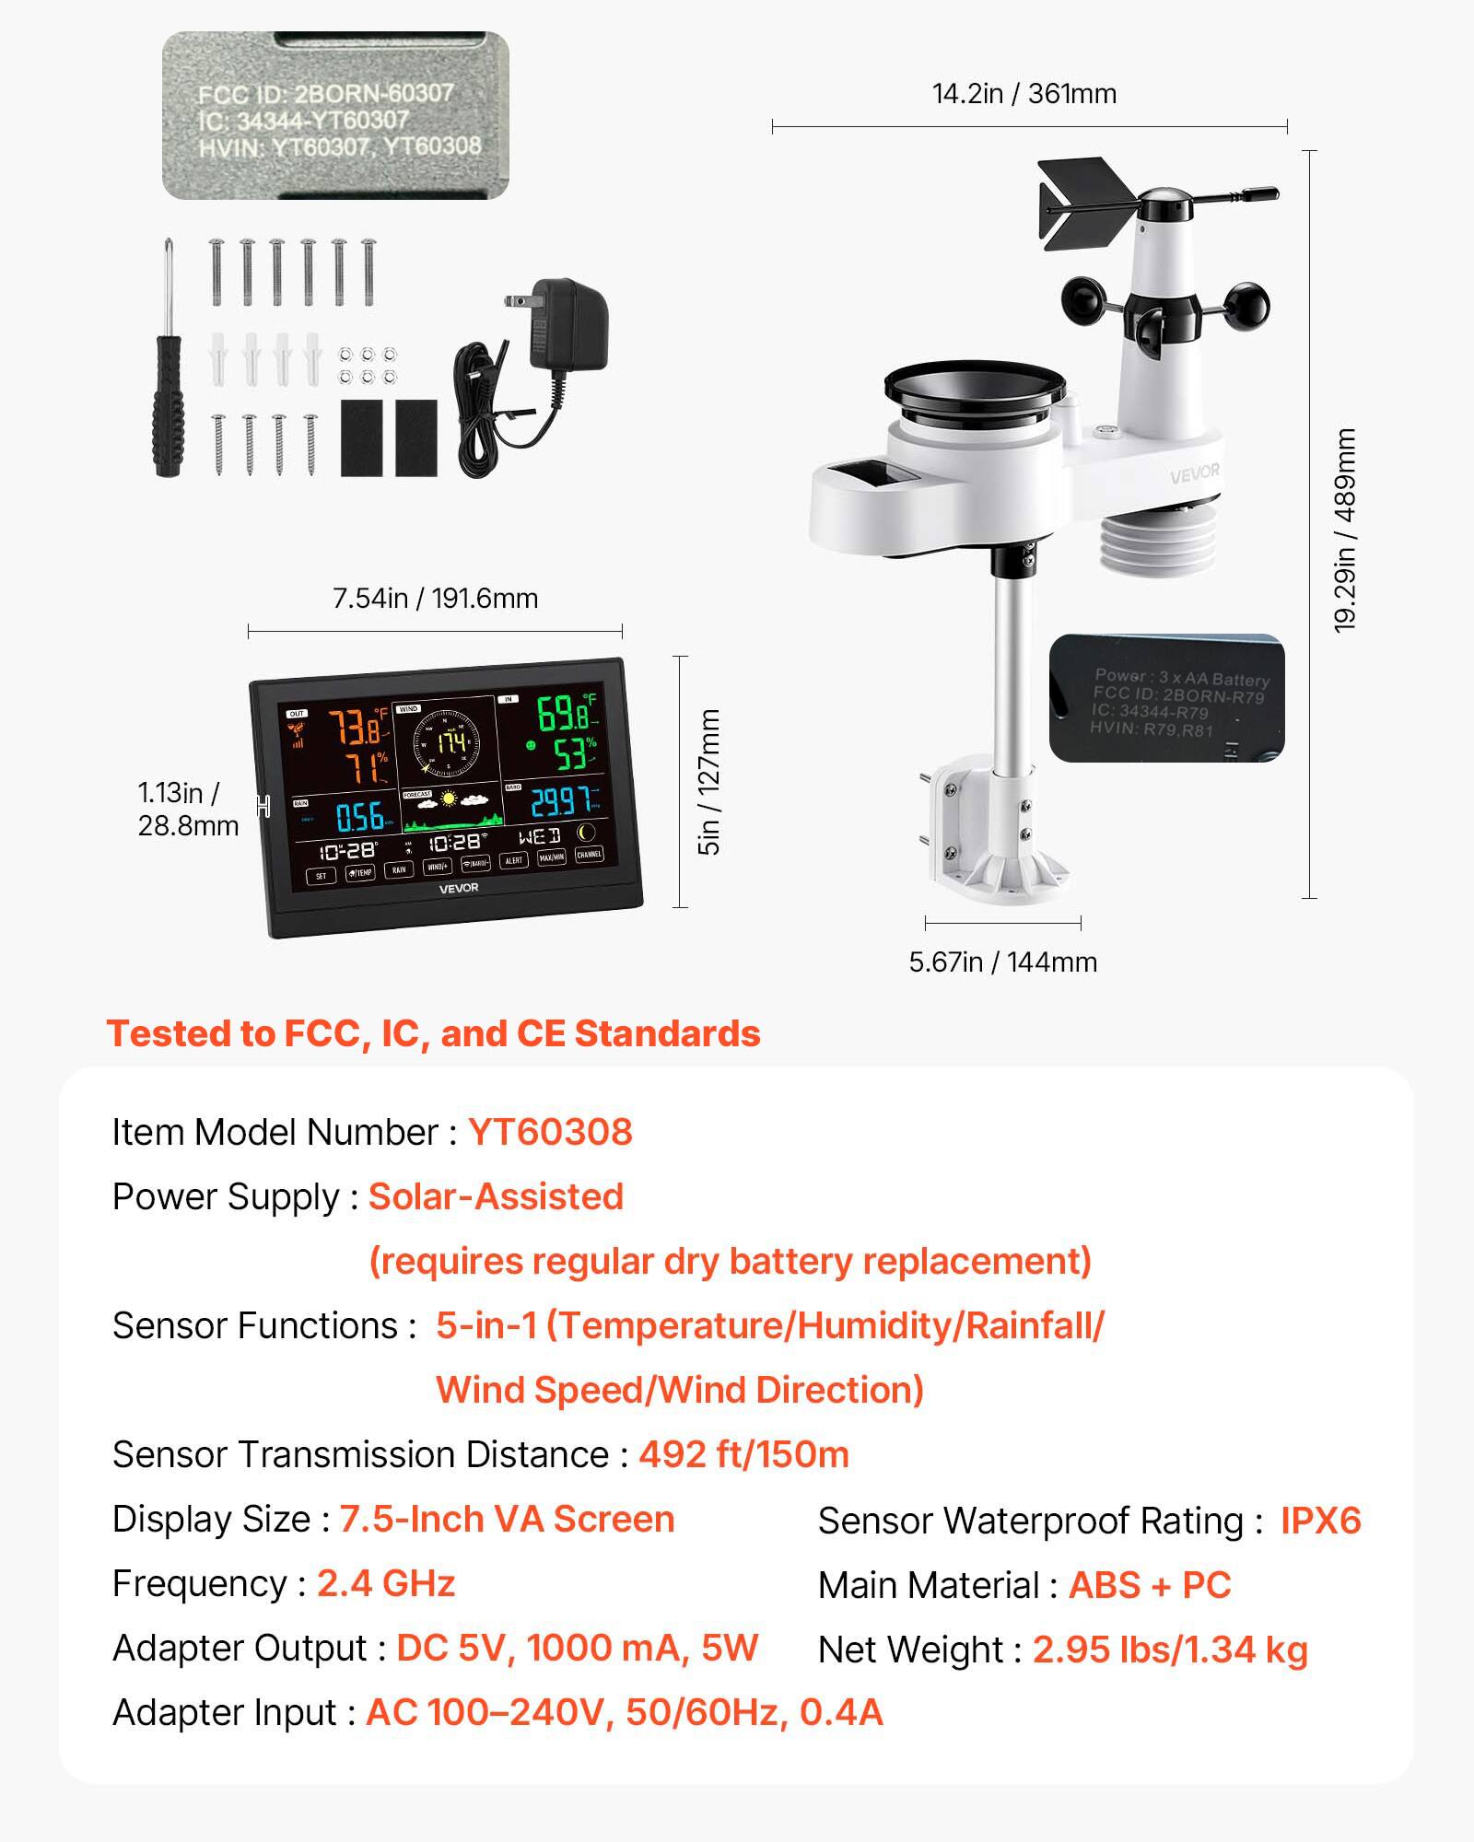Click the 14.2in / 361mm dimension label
pyautogui.click(x=1024, y=94)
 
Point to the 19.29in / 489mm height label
pyautogui.click(x=1345, y=530)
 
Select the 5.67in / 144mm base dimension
pyautogui.click(x=1002, y=962)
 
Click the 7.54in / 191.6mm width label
pyautogui.click(x=435, y=599)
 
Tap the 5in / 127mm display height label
pyautogui.click(x=708, y=782)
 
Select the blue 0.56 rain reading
pyautogui.click(x=359, y=817)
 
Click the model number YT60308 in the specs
pyautogui.click(x=550, y=1132)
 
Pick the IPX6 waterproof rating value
pyautogui.click(x=1320, y=1521)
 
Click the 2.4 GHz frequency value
pyautogui.click(x=386, y=1583)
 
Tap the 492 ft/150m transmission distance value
pyautogui.click(x=743, y=1454)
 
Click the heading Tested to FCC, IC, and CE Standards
pyautogui.click(x=433, y=1033)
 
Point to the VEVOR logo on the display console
pyautogui.click(x=458, y=888)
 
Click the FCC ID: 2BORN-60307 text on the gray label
pyautogui.click(x=325, y=94)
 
